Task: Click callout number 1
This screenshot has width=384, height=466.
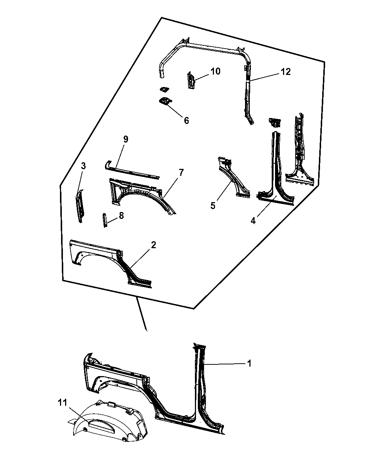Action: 249,364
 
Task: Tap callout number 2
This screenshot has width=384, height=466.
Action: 154,245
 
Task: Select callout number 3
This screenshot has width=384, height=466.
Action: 83,166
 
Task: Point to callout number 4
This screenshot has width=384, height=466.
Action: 253,221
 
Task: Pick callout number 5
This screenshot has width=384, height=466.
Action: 213,205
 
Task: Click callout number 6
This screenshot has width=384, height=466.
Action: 186,121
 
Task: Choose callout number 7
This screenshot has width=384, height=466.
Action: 181,172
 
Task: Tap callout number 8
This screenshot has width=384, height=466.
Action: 121,216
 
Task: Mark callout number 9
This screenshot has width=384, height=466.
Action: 126,139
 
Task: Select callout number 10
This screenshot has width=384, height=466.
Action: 215,71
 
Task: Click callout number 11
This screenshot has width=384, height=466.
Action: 63,403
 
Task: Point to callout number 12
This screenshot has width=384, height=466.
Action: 286,72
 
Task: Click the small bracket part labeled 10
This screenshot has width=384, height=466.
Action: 191,80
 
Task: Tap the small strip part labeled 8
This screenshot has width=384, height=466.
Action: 105,220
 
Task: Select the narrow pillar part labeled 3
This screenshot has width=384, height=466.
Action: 80,206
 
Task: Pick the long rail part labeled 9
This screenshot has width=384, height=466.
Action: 132,171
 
